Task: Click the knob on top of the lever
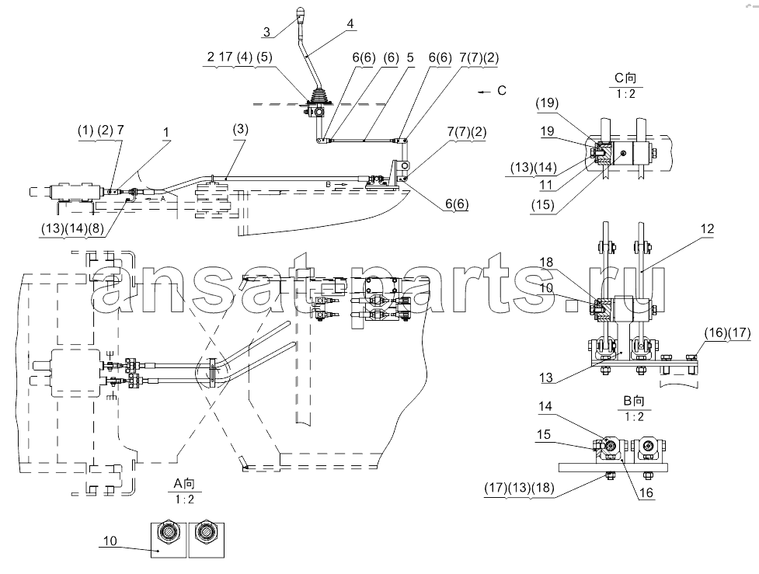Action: (x=301, y=12)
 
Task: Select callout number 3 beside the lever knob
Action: (x=266, y=33)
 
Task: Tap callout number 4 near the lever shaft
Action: (x=350, y=23)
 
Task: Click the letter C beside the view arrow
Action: (x=502, y=91)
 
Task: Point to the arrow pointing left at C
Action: (x=483, y=92)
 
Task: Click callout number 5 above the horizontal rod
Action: (x=410, y=57)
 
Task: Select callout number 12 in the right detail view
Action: (x=707, y=228)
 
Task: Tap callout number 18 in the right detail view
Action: (x=546, y=263)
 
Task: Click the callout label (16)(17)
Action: (x=727, y=332)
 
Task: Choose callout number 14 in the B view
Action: (x=545, y=405)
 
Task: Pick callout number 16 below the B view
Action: (x=646, y=492)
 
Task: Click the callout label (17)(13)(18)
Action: (x=520, y=488)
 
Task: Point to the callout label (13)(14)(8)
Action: (x=72, y=228)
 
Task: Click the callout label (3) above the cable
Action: (x=241, y=129)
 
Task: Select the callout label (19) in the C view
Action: (x=547, y=103)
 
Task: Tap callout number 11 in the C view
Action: (x=546, y=184)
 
